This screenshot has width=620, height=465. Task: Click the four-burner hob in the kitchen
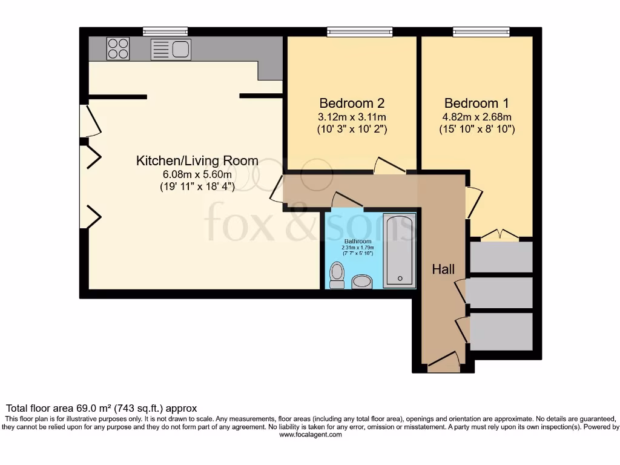coord(118,48)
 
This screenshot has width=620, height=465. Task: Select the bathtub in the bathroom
coord(400,249)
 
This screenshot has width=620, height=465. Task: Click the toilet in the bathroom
coord(337,275)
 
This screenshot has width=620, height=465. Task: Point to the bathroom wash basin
coord(362,282)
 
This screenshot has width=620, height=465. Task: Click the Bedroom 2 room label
coord(352,103)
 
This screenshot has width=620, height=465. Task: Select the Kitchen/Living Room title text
coord(197,161)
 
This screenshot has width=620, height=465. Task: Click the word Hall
coord(443,269)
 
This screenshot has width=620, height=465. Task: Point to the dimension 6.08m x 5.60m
coord(197,174)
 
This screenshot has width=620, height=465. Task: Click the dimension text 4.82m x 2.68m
coord(477,117)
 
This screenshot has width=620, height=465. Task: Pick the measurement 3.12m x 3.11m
coord(352,117)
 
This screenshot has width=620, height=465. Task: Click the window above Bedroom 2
coord(360,32)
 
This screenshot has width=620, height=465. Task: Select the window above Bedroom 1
coord(481,32)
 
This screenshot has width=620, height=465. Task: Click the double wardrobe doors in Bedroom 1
coord(501,235)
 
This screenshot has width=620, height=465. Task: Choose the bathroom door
coord(346,201)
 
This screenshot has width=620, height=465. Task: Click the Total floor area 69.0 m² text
coord(102,409)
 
